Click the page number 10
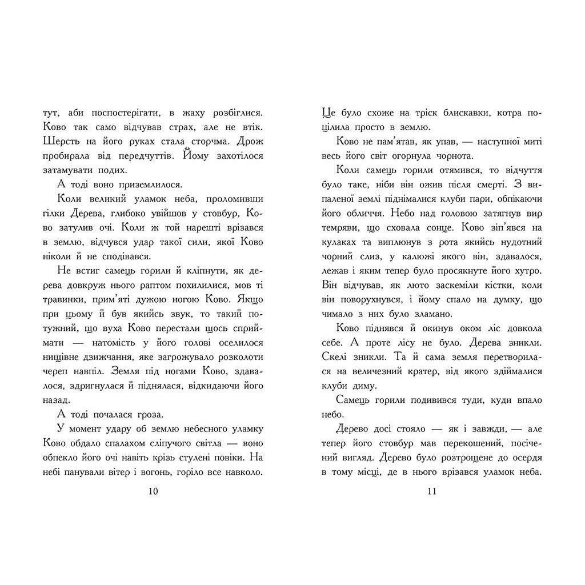(x=153, y=491)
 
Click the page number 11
(x=431, y=491)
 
